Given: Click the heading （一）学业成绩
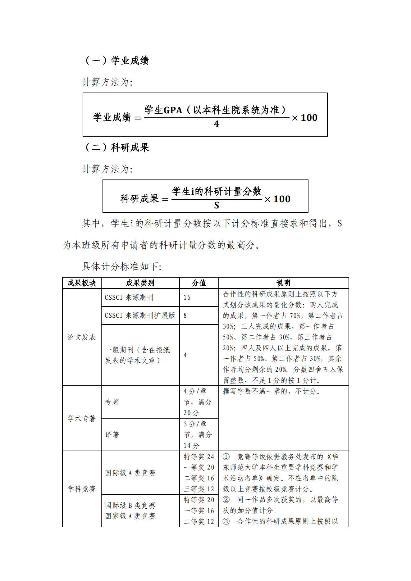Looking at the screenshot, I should tap(117, 60).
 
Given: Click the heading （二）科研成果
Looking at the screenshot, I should tap(117, 147).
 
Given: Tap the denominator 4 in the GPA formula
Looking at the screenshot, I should tap(217, 124).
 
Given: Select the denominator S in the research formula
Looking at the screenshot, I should tap(217, 205).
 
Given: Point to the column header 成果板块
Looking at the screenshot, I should tap(82, 283).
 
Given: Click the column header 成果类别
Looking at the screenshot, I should tap(140, 283).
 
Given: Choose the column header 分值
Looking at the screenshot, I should tap(199, 283).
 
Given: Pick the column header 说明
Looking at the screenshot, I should tap(283, 283).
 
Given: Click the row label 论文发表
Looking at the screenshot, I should tap(82, 337).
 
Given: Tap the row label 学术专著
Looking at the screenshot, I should tap(82, 418).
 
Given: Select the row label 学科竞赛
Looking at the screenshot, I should tap(82, 489).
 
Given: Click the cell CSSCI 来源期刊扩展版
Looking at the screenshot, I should tap(140, 315).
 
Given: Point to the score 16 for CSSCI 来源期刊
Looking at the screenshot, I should tap(187, 297).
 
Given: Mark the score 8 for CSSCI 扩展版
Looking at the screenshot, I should tap(185, 315).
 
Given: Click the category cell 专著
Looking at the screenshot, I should tap(112, 402).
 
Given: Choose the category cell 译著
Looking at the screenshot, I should tap(112, 435).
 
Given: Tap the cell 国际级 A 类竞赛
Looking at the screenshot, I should tap(130, 473).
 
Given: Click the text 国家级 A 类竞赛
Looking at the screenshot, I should tap(130, 516).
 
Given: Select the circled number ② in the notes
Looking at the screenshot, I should tap(226, 500).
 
